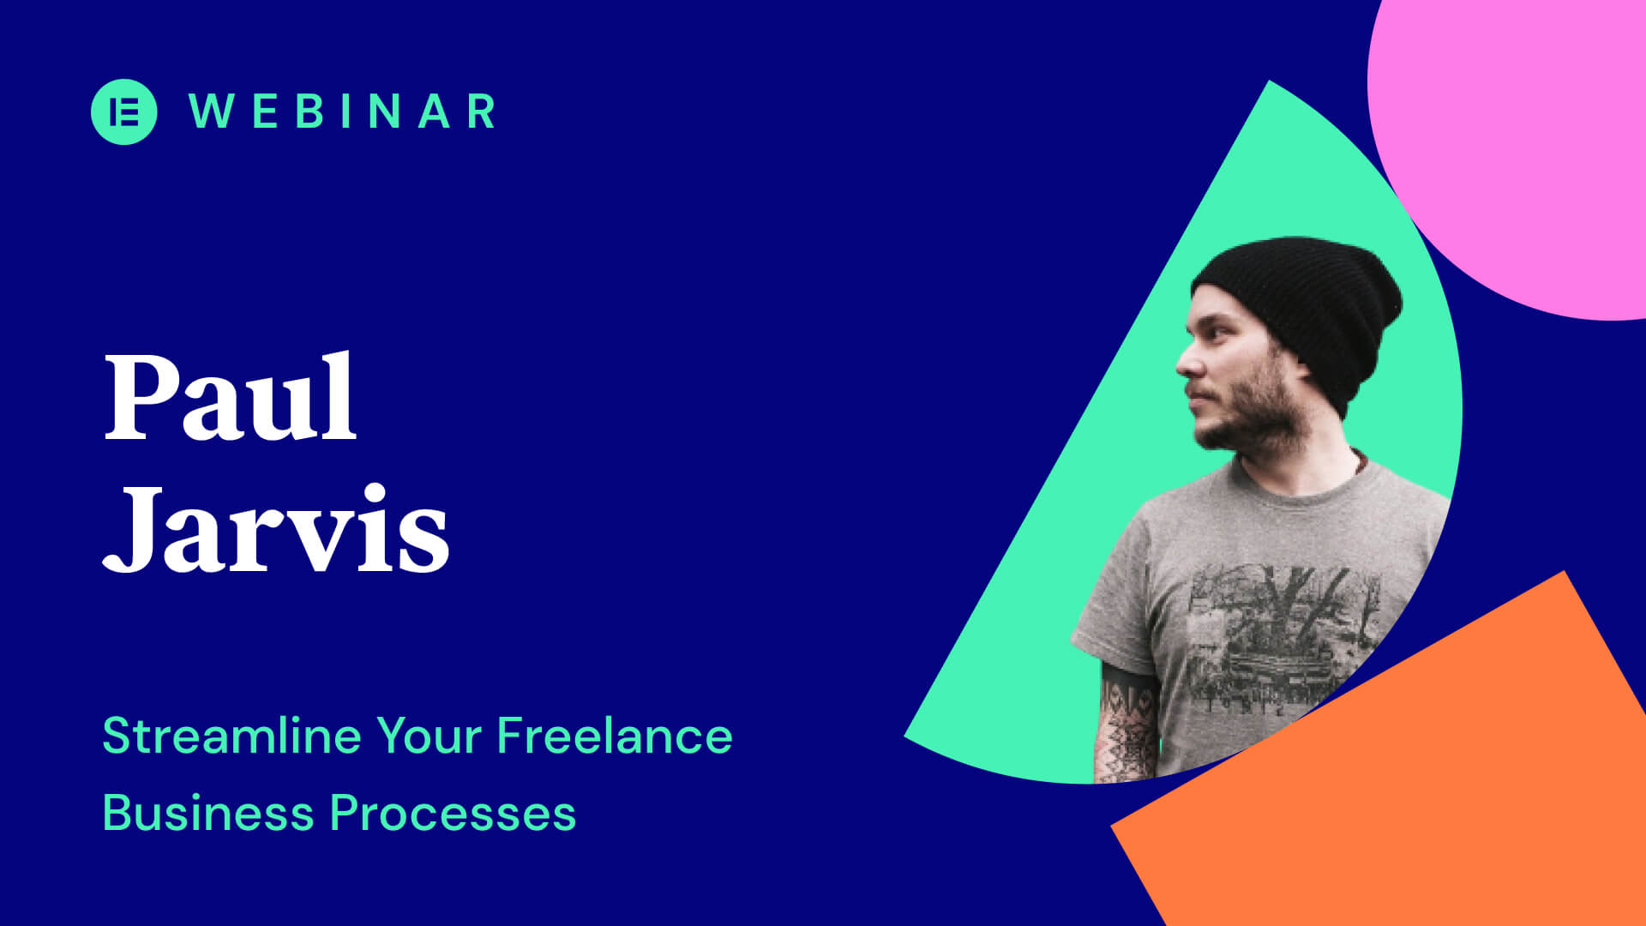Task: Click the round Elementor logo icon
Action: coord(123,111)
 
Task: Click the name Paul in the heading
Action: coord(230,398)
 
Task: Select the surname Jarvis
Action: coord(276,530)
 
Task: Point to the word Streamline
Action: coord(231,736)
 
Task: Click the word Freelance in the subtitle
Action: coord(614,736)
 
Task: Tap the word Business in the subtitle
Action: coord(208,813)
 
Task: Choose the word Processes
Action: coord(453,813)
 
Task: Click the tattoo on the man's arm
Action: coord(1127,729)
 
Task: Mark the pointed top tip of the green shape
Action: coord(1269,83)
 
